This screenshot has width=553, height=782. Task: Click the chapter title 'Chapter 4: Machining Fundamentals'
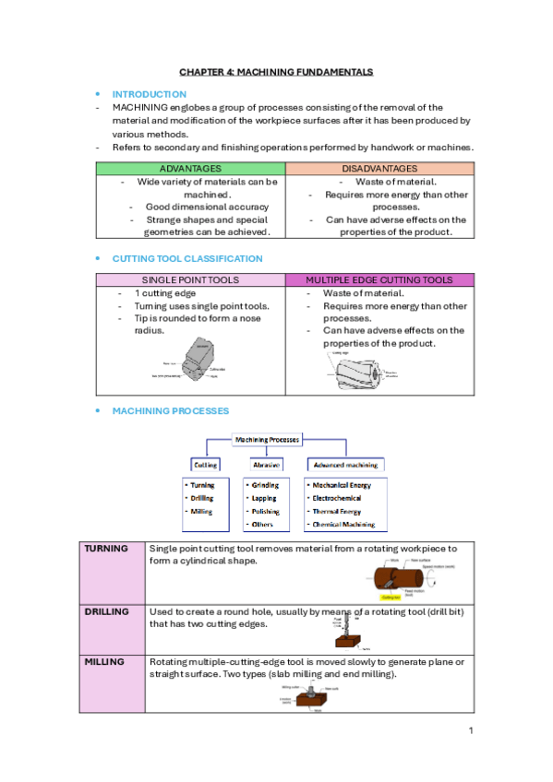276,71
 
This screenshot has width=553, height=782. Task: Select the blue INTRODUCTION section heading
149,94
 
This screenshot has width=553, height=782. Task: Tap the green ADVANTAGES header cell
190,169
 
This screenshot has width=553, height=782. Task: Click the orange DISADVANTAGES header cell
379,169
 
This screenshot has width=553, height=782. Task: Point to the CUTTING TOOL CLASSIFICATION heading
187,259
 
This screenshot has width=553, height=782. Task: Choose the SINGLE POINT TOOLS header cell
190,279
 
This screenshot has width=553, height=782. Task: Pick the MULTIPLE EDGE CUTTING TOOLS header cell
379,279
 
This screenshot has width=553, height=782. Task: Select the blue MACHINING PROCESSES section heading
171,410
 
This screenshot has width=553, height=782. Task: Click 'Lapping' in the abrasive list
264,498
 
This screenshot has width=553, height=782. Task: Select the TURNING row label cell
106,549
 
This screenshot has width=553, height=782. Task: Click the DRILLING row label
107,611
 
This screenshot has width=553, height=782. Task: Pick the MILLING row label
104,662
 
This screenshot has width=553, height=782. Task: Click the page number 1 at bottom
470,731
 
